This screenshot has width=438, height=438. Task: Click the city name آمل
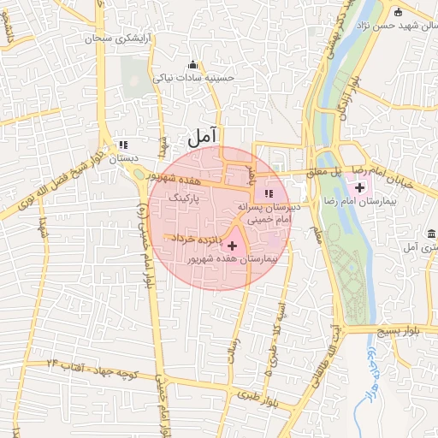204,135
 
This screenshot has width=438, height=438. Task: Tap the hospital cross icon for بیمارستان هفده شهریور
233,246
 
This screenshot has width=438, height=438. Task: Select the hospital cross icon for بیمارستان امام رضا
358,187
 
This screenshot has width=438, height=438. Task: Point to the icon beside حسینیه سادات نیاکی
192,64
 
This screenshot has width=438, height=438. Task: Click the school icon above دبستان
123,145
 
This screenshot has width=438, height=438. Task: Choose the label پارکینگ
185,197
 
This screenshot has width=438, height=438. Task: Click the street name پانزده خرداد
198,237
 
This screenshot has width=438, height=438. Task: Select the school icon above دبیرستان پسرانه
269,192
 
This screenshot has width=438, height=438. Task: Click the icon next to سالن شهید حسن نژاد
398,12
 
